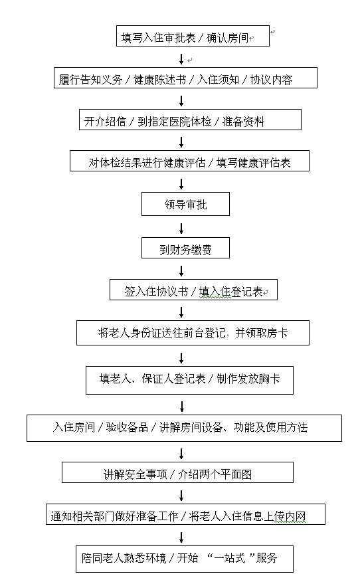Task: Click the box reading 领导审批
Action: [x=185, y=204]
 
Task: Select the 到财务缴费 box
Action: [x=185, y=248]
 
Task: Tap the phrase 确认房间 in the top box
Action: [x=228, y=38]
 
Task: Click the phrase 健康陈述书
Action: [x=159, y=80]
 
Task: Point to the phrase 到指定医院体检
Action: [x=174, y=122]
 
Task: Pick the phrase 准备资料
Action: [x=244, y=122]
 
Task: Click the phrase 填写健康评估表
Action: [x=254, y=163]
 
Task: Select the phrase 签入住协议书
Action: [x=156, y=292]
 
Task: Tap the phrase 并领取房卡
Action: [x=262, y=333]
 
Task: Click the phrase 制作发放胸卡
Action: [x=248, y=379]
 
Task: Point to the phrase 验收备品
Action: [x=127, y=427]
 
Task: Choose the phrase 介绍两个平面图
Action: [x=215, y=474]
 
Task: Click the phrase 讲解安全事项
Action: [x=135, y=474]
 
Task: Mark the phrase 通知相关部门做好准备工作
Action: [x=115, y=516]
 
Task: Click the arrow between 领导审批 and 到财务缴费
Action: [x=181, y=228]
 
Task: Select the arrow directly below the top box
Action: [x=181, y=59]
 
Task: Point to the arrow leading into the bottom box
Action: [x=181, y=537]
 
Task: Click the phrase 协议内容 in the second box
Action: [x=272, y=80]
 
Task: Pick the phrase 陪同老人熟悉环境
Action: [x=124, y=557]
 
